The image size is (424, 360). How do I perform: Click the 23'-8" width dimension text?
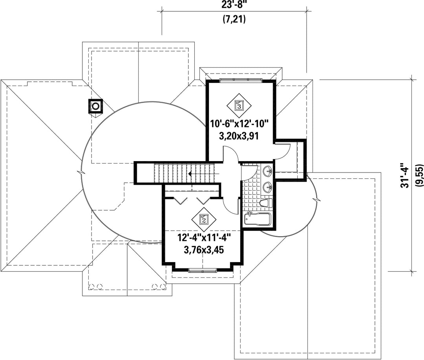click(x=234, y=5)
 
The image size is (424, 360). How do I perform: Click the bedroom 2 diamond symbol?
click(x=204, y=219)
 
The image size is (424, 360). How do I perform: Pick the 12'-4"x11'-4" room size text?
click(x=203, y=238)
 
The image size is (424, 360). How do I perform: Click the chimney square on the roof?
click(x=95, y=106)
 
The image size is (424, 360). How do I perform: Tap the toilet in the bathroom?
click(x=265, y=203)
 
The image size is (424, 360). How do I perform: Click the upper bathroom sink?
click(x=268, y=171)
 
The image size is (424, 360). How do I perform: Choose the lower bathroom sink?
click(x=268, y=186)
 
